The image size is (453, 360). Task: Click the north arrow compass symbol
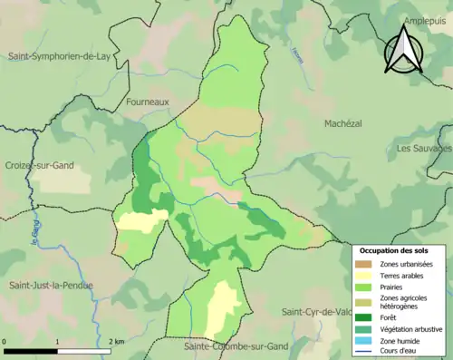point(405,50)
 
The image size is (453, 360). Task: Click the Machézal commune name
point(349,122)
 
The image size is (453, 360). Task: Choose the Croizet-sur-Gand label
point(38,166)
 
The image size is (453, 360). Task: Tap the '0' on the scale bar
point(5,342)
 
